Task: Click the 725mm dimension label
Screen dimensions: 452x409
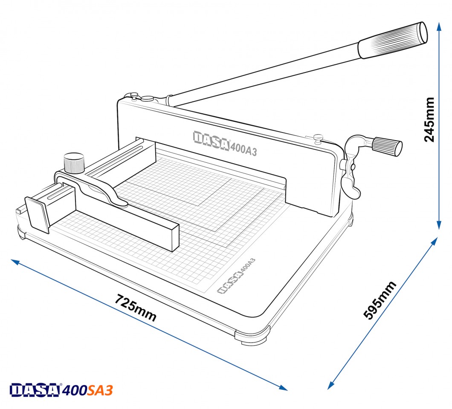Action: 136,308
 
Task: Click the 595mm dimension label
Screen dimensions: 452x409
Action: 380,300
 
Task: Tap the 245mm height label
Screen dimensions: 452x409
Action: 429,120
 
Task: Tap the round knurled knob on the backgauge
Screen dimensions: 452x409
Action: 74,163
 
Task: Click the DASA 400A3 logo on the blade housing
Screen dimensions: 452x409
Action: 225,143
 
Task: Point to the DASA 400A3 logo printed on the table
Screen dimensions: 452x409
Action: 236,276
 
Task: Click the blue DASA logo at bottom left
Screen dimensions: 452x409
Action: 35,390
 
